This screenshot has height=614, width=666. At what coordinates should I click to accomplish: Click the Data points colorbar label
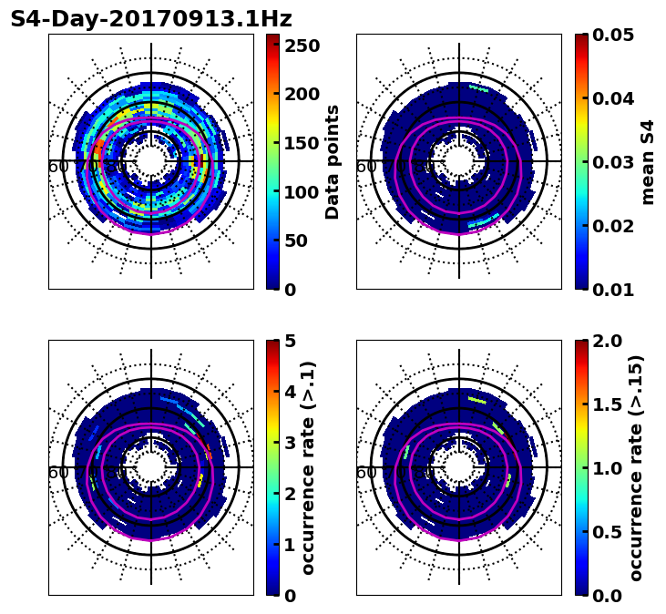click(333, 162)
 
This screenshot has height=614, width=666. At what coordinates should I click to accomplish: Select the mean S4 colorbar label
click(648, 162)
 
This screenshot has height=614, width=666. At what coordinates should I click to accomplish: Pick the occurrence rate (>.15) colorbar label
click(636, 468)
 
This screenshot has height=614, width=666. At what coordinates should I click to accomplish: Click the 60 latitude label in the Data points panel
click(58, 167)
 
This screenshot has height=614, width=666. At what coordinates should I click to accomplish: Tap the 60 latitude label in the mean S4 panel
click(366, 167)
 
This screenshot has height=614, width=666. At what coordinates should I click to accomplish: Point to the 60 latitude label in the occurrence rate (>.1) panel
click(58, 473)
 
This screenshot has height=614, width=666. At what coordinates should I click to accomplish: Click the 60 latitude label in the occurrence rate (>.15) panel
click(366, 473)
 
